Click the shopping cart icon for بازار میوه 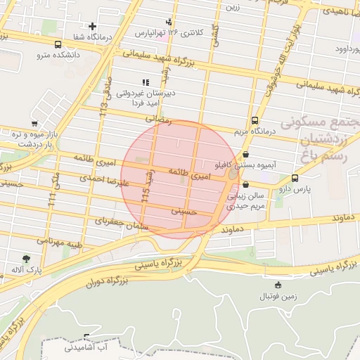pyautogui.click(x=34, y=124)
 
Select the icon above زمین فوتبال pyautogui.click(x=278, y=285)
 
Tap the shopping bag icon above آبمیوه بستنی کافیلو pyautogui.click(x=245, y=154)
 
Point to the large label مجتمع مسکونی pyautogui.click(x=321, y=122)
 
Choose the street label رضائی pyautogui.click(x=157, y=120)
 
